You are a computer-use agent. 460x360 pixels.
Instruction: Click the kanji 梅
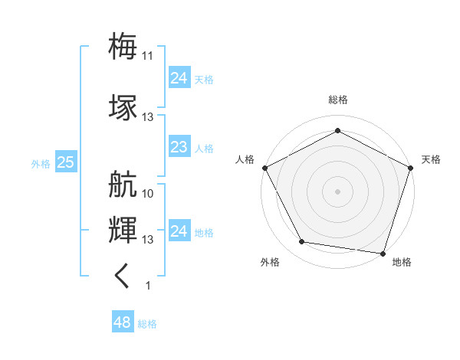[123, 45]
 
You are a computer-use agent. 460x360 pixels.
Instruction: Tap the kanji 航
[123, 185]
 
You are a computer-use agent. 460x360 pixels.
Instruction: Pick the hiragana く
[123, 276]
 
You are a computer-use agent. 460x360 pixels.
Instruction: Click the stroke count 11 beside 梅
[148, 55]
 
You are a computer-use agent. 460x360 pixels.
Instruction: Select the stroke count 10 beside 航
[148, 194]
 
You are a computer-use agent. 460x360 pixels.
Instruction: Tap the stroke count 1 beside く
[148, 286]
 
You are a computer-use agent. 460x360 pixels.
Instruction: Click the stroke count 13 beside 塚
[148, 117]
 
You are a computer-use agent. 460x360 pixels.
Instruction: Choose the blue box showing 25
[65, 162]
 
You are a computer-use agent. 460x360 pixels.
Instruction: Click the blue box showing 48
[122, 322]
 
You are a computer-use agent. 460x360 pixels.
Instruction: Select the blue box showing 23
[179, 147]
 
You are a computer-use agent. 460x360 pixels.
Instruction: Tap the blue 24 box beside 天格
[179, 77]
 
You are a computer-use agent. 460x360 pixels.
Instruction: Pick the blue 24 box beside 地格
[179, 231]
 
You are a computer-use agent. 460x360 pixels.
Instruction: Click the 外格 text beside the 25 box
[40, 163]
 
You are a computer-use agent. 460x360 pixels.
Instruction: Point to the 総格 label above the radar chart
[337, 100]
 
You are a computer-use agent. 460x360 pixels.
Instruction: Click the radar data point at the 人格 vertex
[264, 167]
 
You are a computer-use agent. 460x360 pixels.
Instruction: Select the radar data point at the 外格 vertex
[302, 242]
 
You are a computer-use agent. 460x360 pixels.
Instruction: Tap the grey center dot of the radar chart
[337, 191]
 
